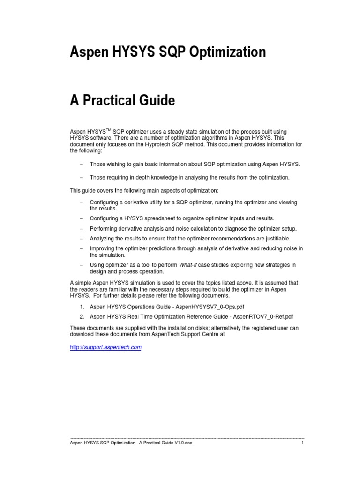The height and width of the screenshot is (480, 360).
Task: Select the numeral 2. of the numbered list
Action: click(82, 316)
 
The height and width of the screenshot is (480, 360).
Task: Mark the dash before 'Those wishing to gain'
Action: click(81, 165)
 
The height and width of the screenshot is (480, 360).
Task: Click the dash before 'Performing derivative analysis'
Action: click(81, 229)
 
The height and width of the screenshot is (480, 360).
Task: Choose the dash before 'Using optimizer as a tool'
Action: click(81, 265)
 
